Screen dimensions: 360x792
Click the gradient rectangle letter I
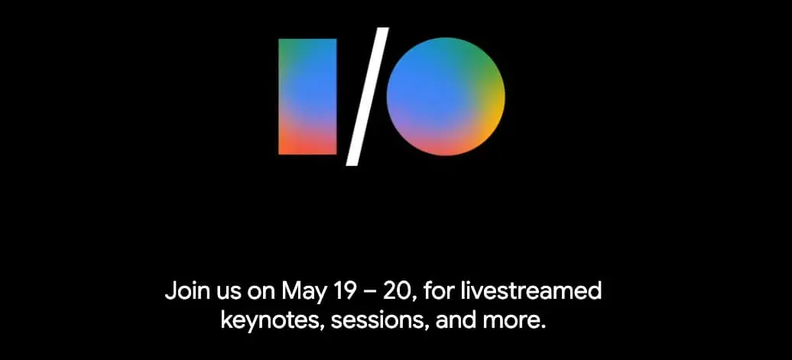tap(307, 96)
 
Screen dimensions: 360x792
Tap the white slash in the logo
tap(368, 96)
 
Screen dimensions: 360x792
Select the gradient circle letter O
tap(446, 96)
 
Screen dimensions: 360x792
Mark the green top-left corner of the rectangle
tap(284, 46)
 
